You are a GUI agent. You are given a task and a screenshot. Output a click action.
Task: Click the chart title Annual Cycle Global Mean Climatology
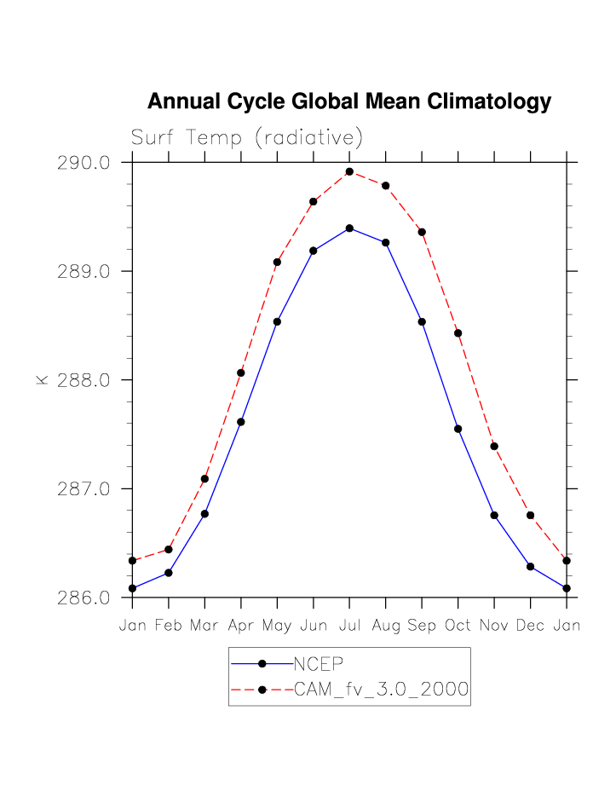[349, 102]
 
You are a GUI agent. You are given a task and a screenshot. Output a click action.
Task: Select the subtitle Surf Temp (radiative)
[247, 137]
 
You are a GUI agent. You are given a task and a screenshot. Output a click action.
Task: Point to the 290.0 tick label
[83, 163]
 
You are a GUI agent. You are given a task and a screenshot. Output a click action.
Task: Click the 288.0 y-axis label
[83, 380]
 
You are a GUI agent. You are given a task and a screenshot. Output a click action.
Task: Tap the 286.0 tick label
[83, 598]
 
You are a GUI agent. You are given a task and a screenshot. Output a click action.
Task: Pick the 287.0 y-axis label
[83, 489]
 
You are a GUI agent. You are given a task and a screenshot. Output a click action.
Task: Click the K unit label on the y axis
[41, 380]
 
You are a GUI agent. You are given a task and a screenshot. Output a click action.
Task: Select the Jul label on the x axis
[349, 626]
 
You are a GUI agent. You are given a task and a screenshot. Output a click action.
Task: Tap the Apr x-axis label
[241, 626]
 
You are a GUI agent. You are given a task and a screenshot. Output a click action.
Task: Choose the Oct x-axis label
[458, 626]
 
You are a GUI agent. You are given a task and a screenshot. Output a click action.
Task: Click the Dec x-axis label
[530, 626]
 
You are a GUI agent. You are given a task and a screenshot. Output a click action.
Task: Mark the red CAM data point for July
[349, 172]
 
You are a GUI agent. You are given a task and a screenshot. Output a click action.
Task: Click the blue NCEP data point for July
[349, 228]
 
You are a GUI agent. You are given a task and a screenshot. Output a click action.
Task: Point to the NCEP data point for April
[241, 422]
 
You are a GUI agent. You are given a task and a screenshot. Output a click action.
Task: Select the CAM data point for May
[277, 263]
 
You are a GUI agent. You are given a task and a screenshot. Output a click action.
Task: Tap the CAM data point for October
[458, 333]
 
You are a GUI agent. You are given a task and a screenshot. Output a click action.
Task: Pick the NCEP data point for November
[494, 516]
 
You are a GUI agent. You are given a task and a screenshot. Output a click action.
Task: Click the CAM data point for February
[169, 550]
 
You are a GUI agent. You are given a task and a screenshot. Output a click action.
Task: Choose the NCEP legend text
[318, 664]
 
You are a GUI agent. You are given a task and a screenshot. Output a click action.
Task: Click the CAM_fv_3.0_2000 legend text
[381, 690]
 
